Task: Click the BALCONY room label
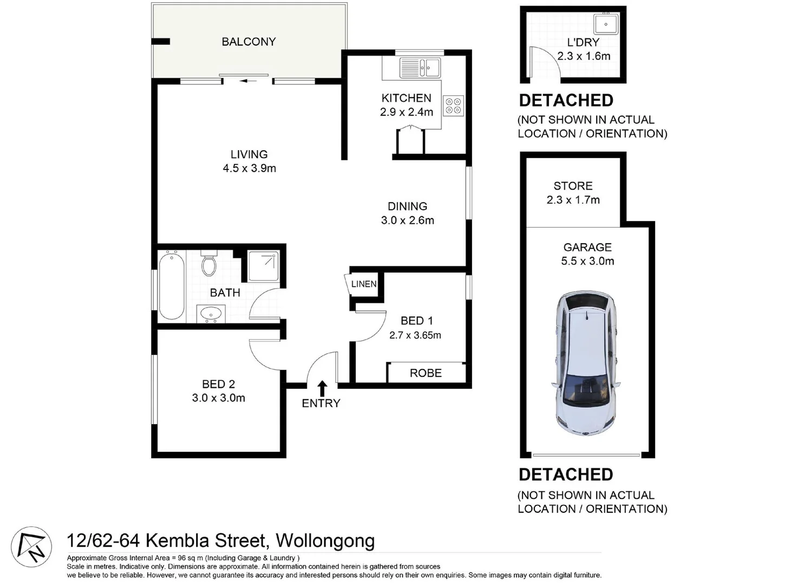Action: (248, 42)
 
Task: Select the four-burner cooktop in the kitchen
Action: (453, 106)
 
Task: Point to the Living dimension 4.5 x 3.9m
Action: (249, 168)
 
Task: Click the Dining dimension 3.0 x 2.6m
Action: (407, 220)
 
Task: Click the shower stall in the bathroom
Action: (264, 265)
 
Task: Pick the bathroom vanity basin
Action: (210, 313)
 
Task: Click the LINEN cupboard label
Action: (363, 284)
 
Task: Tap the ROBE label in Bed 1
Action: (426, 373)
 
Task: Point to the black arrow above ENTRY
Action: (322, 388)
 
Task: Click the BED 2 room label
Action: (218, 384)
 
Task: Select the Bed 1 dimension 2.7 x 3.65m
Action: (415, 335)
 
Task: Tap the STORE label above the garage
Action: (573, 186)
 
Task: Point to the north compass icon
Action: (31, 547)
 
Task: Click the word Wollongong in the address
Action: (325, 541)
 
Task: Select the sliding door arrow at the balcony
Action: (248, 81)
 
